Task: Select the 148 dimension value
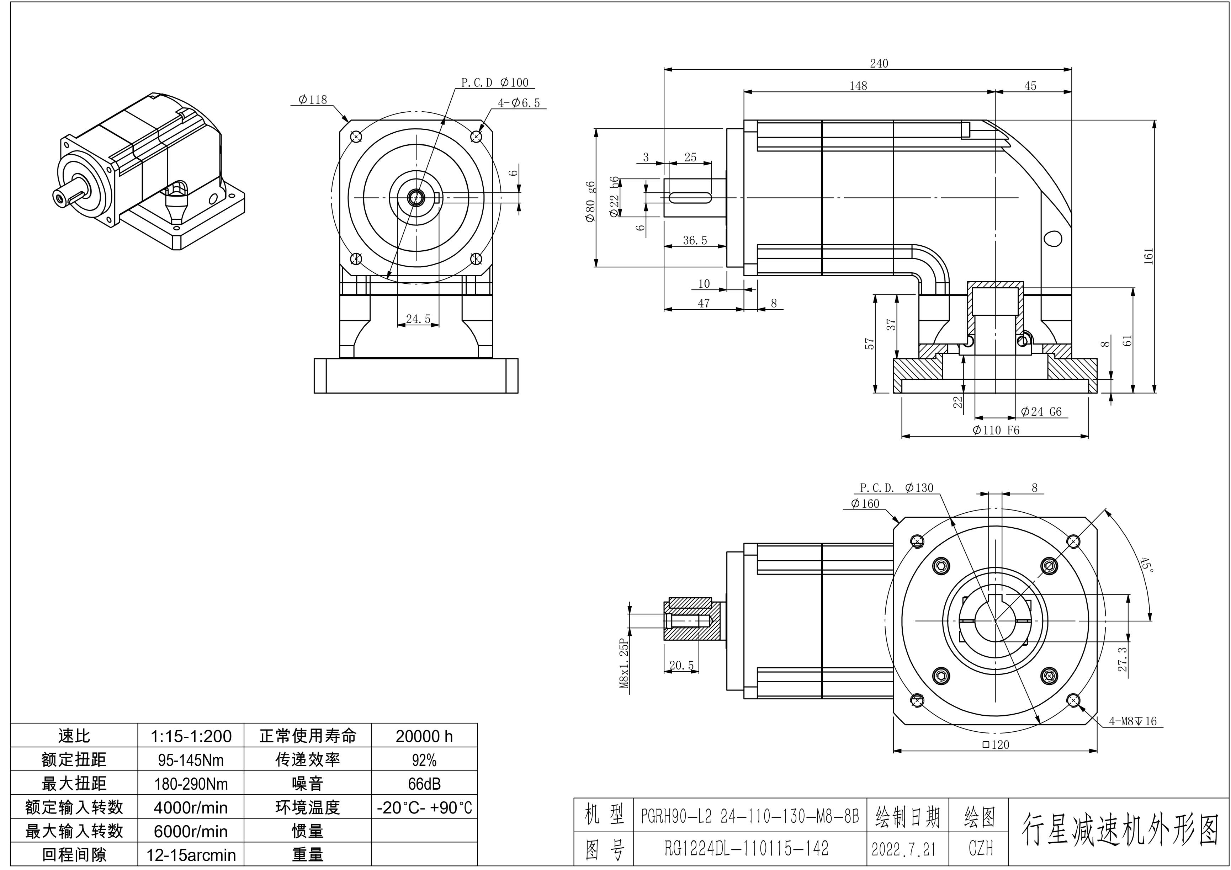858,86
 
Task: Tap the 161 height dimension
1148,257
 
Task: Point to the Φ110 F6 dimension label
996,430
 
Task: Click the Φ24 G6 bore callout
1041,412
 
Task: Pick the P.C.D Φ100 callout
494,82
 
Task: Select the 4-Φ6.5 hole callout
519,103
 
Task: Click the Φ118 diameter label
313,100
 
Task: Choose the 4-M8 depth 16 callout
1132,721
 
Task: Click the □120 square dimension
996,744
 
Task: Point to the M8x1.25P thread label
624,663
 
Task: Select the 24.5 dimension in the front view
418,319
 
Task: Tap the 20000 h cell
424,736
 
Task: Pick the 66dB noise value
424,784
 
